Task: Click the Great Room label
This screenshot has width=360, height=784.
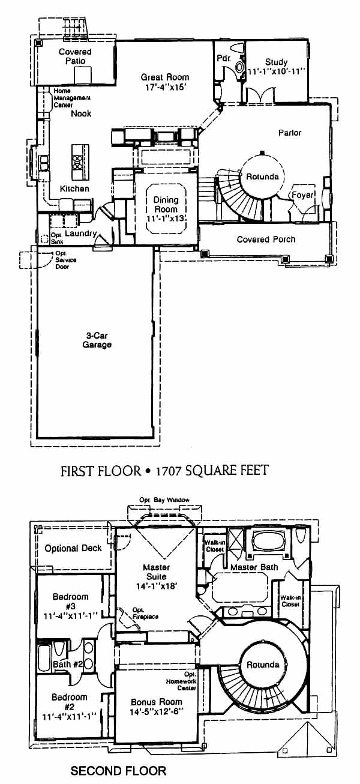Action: (x=165, y=77)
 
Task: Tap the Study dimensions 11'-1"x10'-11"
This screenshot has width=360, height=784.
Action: (x=277, y=71)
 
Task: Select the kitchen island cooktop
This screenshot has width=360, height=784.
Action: (x=77, y=161)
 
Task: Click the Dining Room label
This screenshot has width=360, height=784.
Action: (x=166, y=204)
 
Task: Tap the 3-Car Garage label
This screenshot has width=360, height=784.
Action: (x=97, y=340)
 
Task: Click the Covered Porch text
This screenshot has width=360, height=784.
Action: (x=266, y=240)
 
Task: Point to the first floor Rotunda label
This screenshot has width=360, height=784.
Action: (x=262, y=176)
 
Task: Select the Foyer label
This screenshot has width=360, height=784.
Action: (x=302, y=195)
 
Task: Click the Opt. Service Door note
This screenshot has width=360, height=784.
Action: (x=65, y=260)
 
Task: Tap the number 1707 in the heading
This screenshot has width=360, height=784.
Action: (x=168, y=471)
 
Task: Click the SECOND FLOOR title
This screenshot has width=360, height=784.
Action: (x=118, y=770)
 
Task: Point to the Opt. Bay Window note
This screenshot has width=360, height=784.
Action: (x=164, y=500)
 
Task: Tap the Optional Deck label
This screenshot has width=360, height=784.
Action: (x=73, y=549)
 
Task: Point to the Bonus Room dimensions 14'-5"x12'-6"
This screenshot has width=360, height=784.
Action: (x=157, y=711)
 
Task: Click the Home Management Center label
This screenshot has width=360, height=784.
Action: (x=72, y=98)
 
